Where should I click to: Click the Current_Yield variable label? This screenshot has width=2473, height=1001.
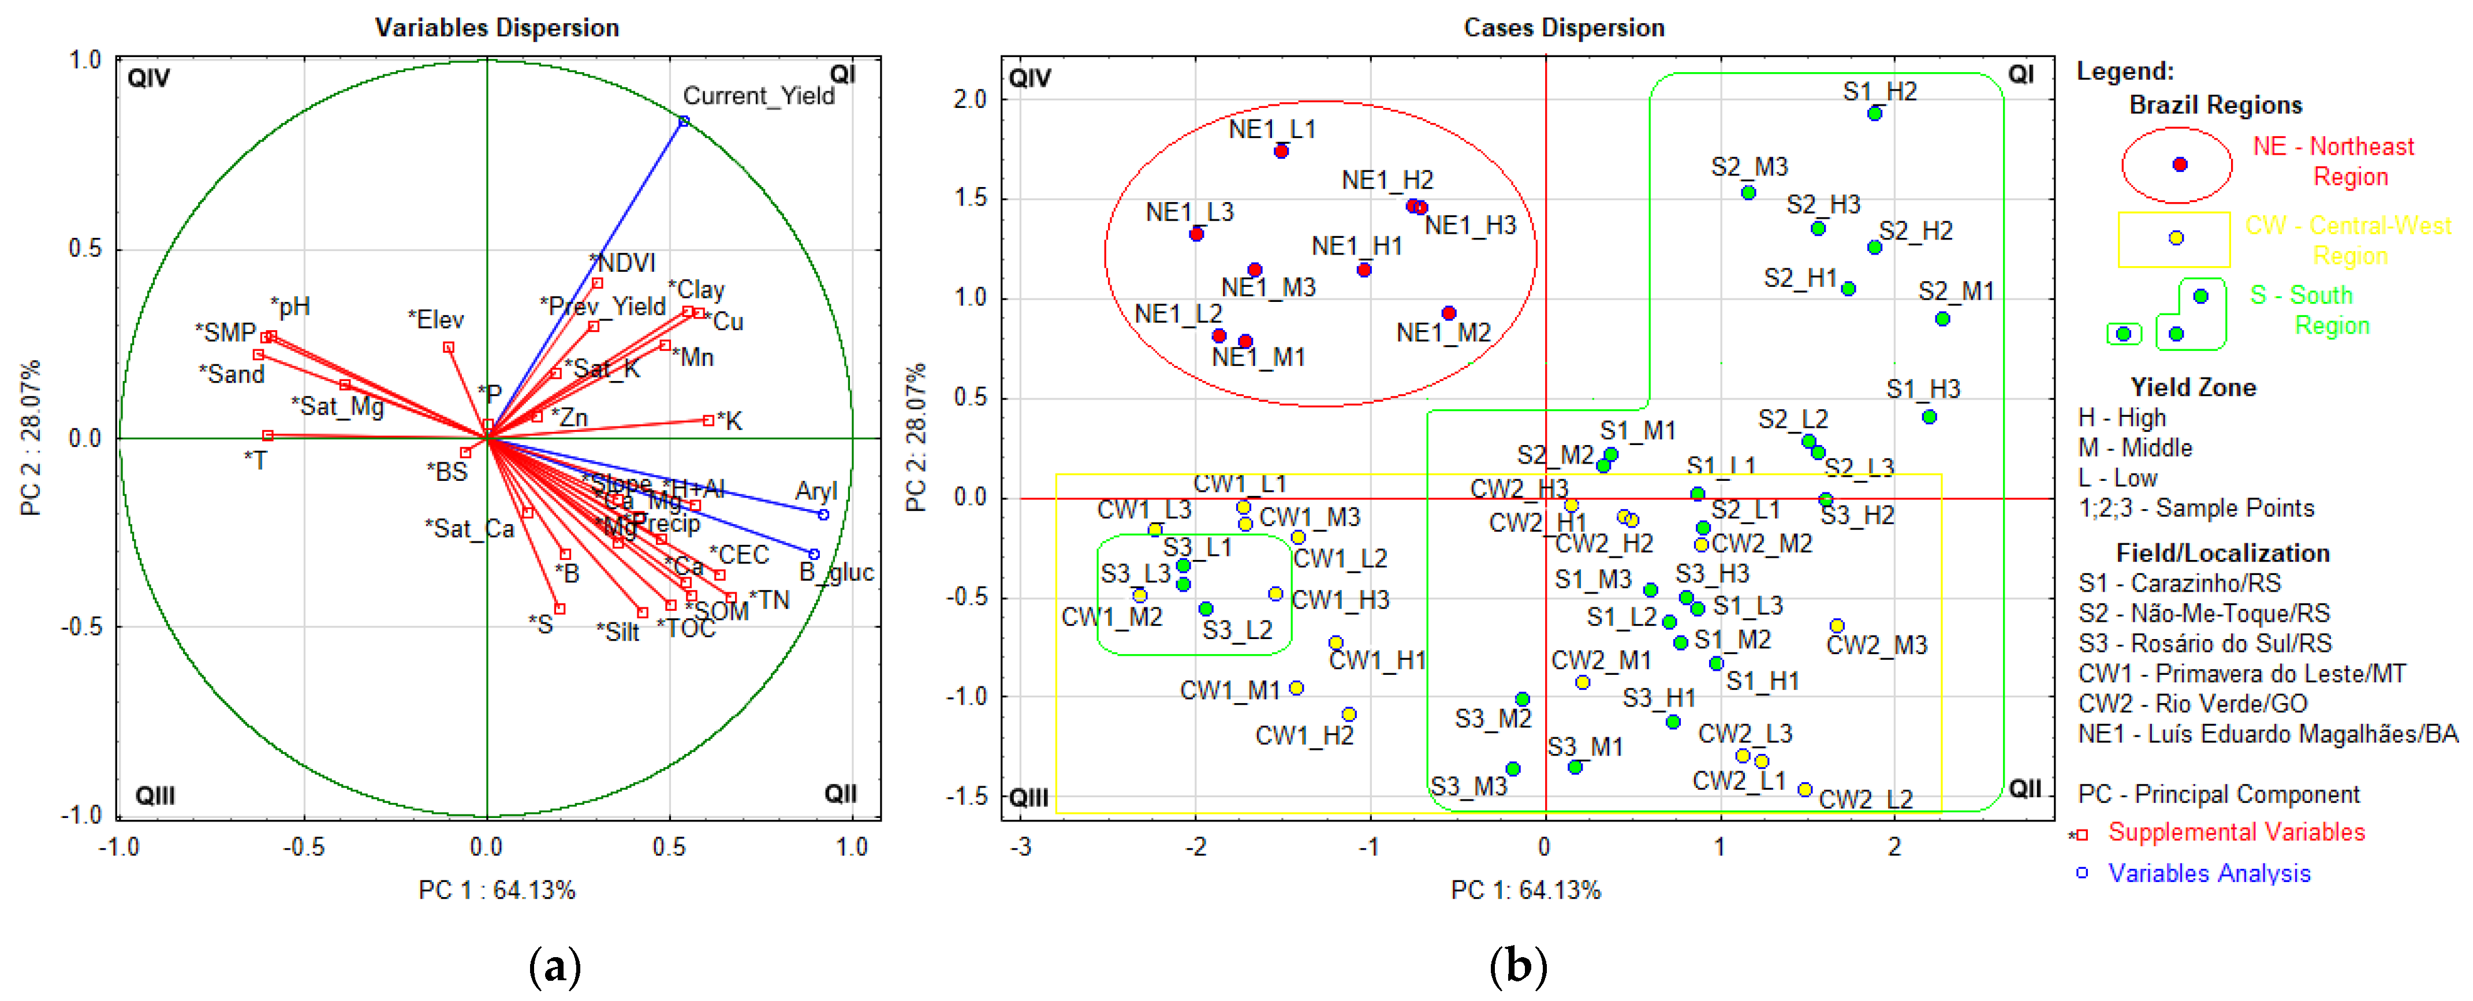[x=758, y=96]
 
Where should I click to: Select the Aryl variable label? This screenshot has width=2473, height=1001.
[x=815, y=491]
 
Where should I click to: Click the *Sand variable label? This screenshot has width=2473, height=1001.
[x=232, y=374]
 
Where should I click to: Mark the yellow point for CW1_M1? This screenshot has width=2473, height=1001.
[x=1296, y=688]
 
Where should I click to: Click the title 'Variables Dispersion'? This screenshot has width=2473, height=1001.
[x=497, y=28]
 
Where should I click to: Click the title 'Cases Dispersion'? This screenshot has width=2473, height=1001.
[x=1563, y=28]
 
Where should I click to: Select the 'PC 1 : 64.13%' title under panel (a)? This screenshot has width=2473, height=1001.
[x=497, y=891]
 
